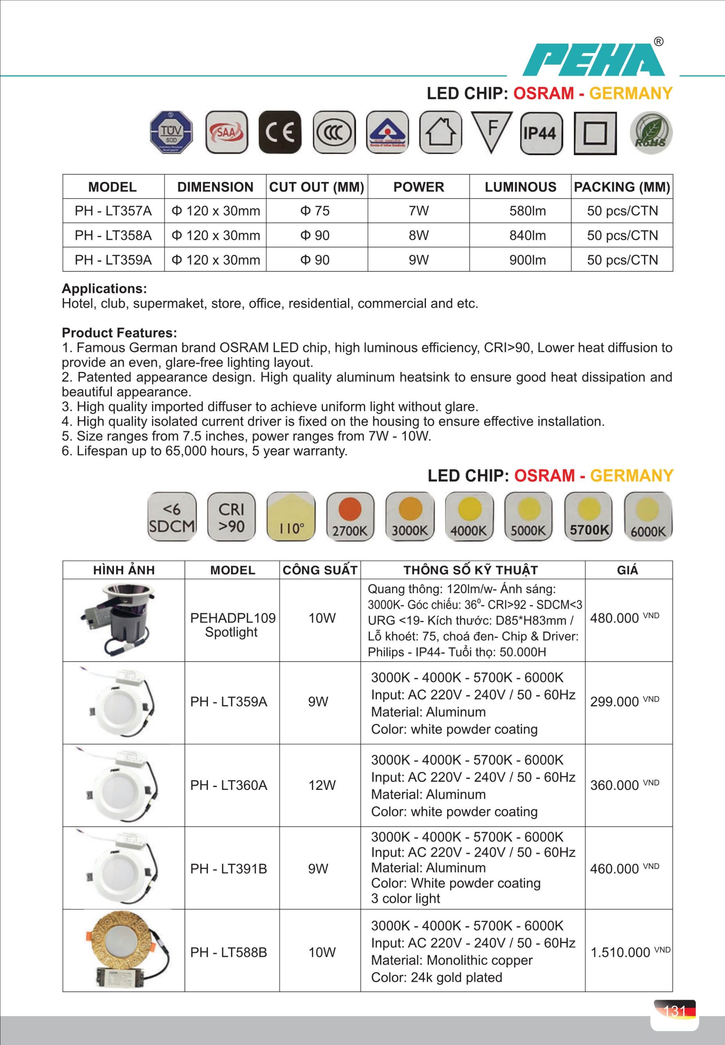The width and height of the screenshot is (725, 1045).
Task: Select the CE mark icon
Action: pos(280,132)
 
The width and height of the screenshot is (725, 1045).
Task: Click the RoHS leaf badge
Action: pos(651,133)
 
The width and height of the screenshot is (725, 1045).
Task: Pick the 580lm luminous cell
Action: pos(527,211)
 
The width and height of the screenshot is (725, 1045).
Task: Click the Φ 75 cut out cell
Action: pos(315,211)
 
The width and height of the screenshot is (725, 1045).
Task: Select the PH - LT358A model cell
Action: pos(113,236)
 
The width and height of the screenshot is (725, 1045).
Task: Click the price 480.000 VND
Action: pos(624,618)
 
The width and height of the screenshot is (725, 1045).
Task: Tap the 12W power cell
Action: pos(321,785)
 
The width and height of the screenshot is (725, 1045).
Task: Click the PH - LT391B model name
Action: pos(228,869)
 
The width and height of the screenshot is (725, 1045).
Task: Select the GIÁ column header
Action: pos(627,570)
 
